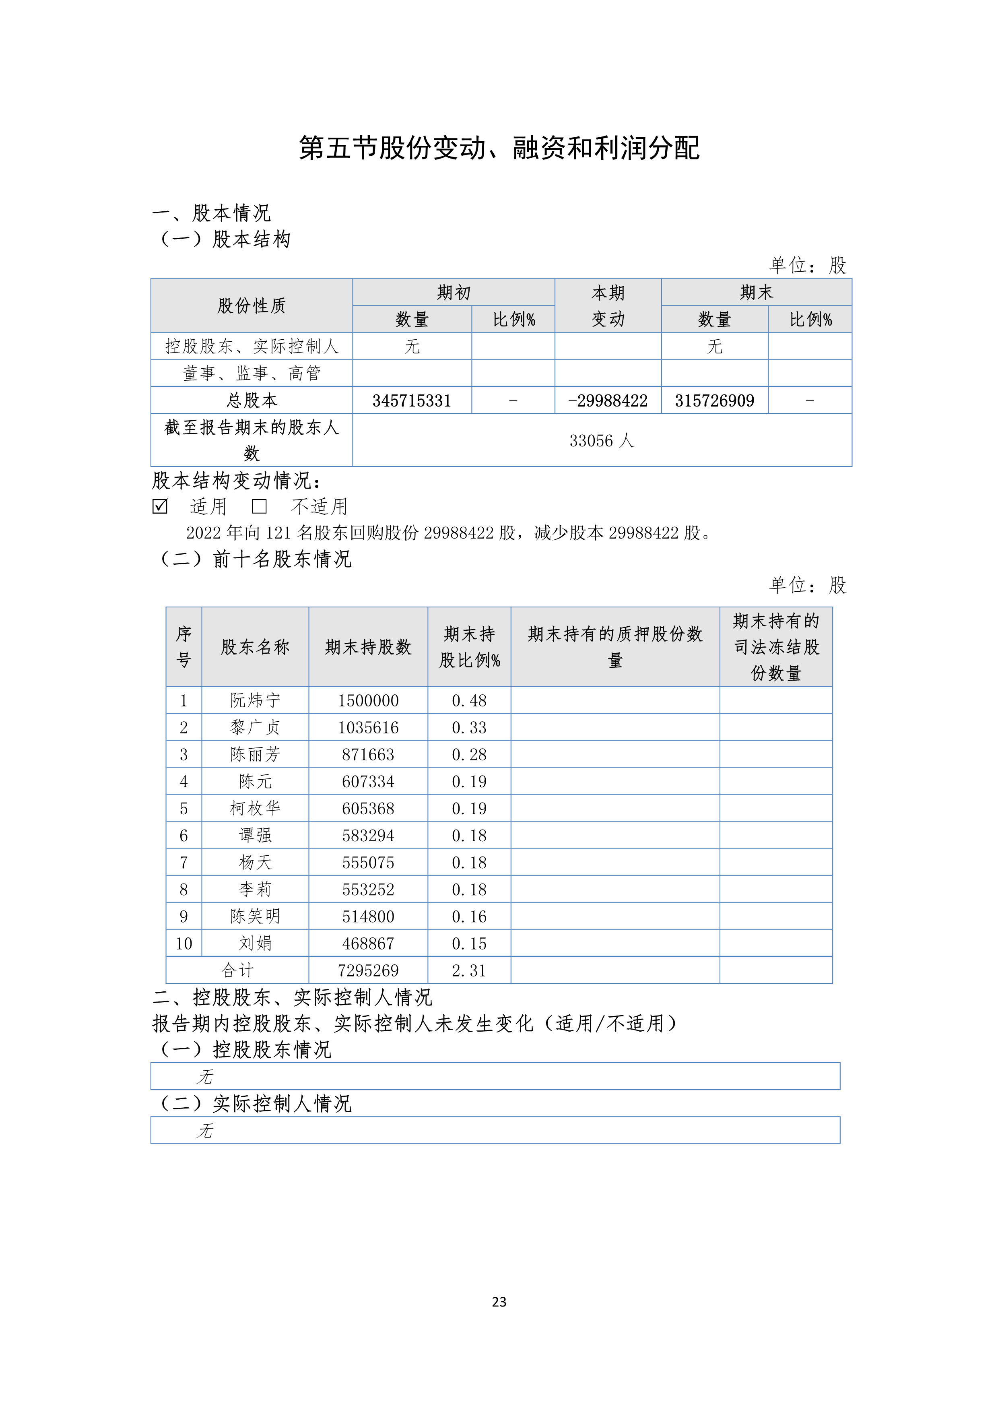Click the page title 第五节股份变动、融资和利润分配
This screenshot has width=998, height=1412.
499,148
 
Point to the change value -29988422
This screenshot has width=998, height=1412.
608,400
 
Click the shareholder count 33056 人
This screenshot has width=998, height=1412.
601,440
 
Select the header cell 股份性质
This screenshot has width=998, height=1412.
252,306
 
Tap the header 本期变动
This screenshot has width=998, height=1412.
608,306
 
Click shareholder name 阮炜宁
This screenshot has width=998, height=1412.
255,700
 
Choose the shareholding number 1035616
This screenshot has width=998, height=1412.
368,727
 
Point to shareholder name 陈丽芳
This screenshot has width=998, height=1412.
255,755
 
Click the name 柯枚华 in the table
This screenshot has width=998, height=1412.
255,808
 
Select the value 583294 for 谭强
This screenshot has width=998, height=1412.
368,835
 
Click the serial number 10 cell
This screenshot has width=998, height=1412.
184,943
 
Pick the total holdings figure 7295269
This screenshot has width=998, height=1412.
368,970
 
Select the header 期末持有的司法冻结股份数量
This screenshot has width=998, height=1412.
775,647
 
